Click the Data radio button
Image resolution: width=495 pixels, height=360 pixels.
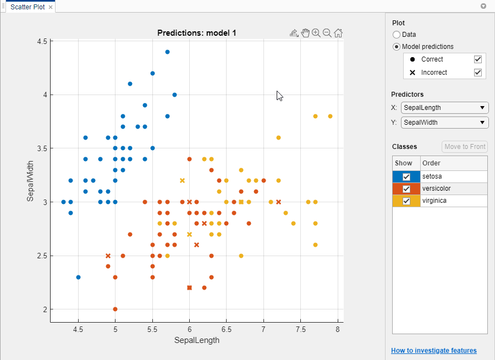pyautogui.click(x=397, y=35)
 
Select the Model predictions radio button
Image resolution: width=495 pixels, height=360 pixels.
pyautogui.click(x=397, y=47)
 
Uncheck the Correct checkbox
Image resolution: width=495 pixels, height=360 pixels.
pyautogui.click(x=478, y=59)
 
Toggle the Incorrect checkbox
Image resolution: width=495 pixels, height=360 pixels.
pyautogui.click(x=478, y=73)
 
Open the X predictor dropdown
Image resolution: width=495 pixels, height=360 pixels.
pyautogui.click(x=444, y=108)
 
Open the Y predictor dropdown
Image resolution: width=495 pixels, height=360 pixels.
pyautogui.click(x=444, y=123)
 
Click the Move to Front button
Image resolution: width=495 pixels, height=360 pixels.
pyautogui.click(x=464, y=147)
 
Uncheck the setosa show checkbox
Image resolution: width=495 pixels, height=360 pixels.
pyautogui.click(x=406, y=177)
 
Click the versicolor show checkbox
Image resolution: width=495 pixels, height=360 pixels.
pyautogui.click(x=406, y=189)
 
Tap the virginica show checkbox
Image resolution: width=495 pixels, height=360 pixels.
pyautogui.click(x=406, y=201)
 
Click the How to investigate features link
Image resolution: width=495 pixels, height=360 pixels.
pyautogui.click(x=433, y=351)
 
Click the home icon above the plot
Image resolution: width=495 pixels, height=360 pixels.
pyautogui.click(x=338, y=33)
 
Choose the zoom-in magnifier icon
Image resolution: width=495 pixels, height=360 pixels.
pyautogui.click(x=316, y=33)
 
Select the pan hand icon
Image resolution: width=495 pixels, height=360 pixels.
pyautogui.click(x=305, y=33)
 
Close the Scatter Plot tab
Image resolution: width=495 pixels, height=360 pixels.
pyautogui.click(x=51, y=7)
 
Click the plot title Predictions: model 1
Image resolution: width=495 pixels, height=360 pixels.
pyautogui.click(x=196, y=33)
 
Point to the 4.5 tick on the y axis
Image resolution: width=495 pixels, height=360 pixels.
pyautogui.click(x=40, y=41)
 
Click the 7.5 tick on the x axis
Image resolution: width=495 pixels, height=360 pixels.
pyautogui.click(x=301, y=330)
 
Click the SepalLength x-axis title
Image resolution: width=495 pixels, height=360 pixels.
pyautogui.click(x=196, y=340)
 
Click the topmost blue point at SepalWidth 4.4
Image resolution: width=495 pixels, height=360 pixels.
pyautogui.click(x=167, y=52)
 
